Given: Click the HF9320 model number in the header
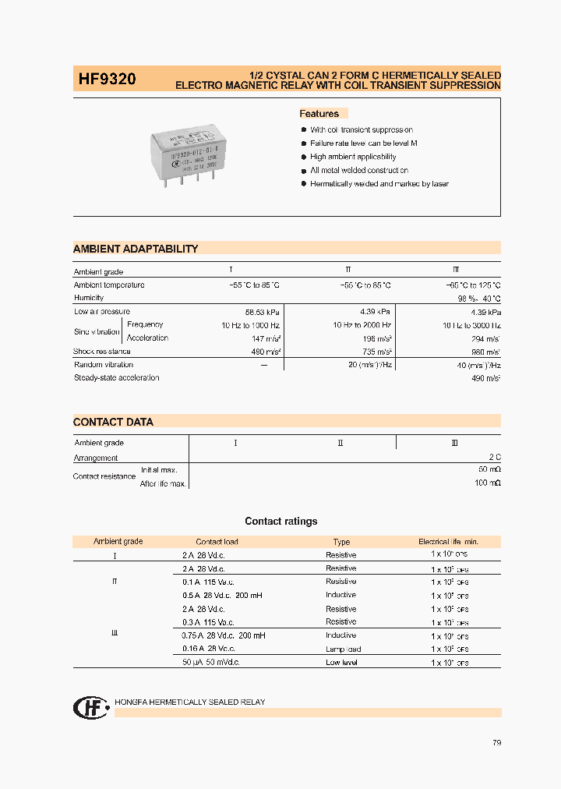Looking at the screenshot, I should point(107,79).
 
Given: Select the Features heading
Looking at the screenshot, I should point(319,114).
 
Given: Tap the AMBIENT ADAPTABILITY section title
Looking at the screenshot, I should point(136,249).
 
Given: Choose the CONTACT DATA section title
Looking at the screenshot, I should point(113,422).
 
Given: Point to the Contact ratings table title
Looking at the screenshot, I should point(280,522).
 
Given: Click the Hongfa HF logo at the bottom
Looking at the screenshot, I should point(90,707).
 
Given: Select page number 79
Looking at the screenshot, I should point(496,743).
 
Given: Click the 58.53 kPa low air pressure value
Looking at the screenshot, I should point(263,312).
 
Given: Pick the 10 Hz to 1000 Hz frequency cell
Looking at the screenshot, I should point(250,325).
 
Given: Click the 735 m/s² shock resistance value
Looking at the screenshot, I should point(376,352).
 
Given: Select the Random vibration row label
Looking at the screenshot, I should point(104,365).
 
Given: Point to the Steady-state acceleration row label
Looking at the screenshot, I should point(116,378).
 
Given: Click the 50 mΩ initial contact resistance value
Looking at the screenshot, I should point(489,470).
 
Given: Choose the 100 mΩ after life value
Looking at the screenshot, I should point(487,484).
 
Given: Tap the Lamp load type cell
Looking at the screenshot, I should point(343,649).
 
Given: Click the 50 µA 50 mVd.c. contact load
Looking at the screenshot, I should point(211,662).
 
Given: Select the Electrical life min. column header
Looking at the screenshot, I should point(448,541).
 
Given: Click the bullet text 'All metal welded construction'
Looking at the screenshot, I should point(359,170).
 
